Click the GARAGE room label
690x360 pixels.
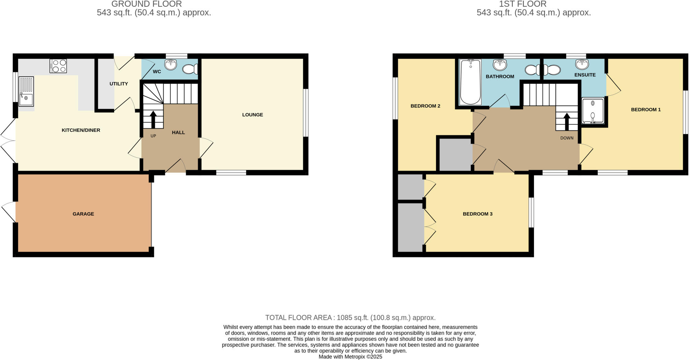[x=83, y=214]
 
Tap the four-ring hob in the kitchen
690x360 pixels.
[x=58, y=66]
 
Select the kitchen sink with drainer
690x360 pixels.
[x=26, y=92]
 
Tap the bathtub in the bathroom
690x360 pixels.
[x=470, y=82]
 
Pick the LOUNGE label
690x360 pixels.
[x=252, y=115]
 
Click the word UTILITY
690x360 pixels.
[x=119, y=84]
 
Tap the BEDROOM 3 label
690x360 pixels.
[x=477, y=214]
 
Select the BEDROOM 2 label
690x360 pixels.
[x=425, y=106]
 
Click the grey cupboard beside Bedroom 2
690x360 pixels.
[x=455, y=155]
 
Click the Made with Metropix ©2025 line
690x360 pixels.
[x=350, y=357]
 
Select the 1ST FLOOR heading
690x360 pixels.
[x=523, y=4]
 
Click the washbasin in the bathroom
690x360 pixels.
[x=500, y=64]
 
